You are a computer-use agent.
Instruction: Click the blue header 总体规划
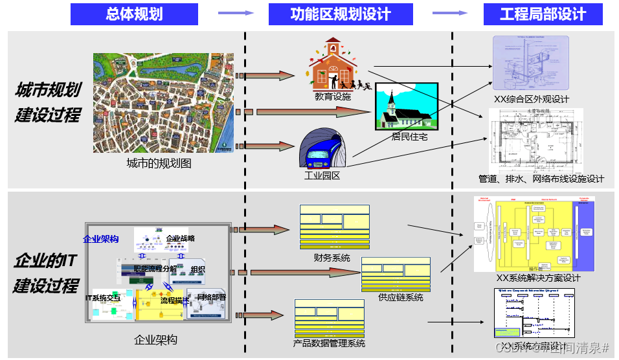pyautogui.click(x=134, y=14)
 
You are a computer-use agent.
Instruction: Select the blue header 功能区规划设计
pyautogui.click(x=341, y=14)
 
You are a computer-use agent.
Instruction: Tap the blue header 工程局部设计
pyautogui.click(x=543, y=14)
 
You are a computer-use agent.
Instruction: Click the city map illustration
pyautogui.click(x=163, y=102)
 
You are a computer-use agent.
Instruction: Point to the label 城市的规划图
pyautogui.click(x=159, y=163)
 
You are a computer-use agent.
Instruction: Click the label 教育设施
pyautogui.click(x=333, y=96)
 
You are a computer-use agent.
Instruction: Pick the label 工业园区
pyautogui.click(x=322, y=175)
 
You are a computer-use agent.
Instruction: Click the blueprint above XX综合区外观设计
pyautogui.click(x=531, y=63)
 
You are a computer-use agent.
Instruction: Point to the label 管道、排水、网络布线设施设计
pyautogui.click(x=541, y=179)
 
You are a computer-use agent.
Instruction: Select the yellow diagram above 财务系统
pyautogui.click(x=334, y=227)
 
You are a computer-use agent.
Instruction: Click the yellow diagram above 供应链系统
pyautogui.click(x=395, y=274)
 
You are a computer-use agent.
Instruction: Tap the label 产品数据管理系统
pyautogui.click(x=329, y=343)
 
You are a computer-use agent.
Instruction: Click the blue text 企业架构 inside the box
pyautogui.click(x=100, y=239)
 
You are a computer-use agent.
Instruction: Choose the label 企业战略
pyautogui.click(x=180, y=238)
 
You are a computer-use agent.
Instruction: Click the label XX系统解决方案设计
pyautogui.click(x=538, y=278)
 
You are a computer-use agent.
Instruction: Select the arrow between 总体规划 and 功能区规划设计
pyautogui.click(x=235, y=13)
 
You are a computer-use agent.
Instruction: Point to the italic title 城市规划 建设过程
pyautogui.click(x=48, y=102)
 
